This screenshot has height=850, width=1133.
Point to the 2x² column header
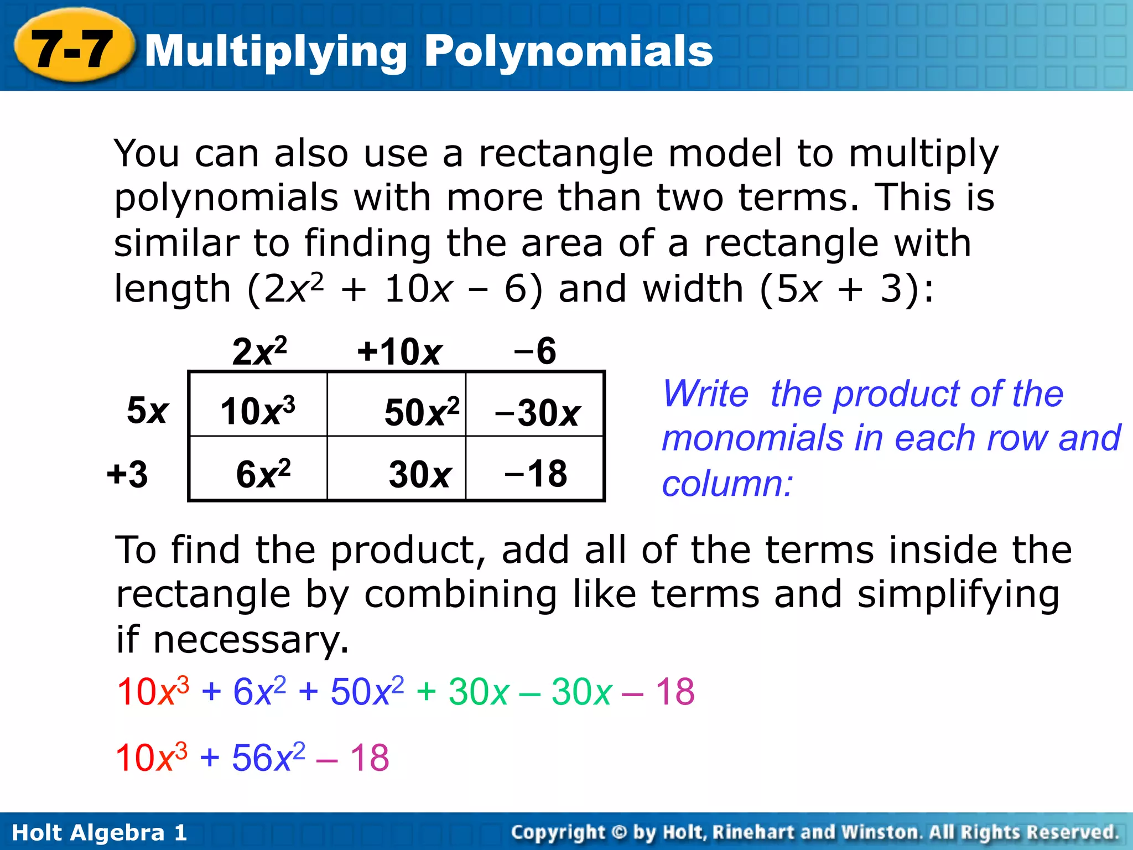pyautogui.click(x=259, y=351)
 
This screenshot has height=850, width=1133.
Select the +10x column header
pyautogui.click(x=399, y=352)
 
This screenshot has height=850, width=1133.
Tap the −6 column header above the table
pyautogui.click(x=534, y=351)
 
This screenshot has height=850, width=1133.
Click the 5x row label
pyautogui.click(x=147, y=411)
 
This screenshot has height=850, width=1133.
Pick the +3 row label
pyautogui.click(x=128, y=474)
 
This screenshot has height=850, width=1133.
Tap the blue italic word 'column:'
pyautogui.click(x=727, y=484)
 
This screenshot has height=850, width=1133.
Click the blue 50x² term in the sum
pyautogui.click(x=367, y=692)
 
